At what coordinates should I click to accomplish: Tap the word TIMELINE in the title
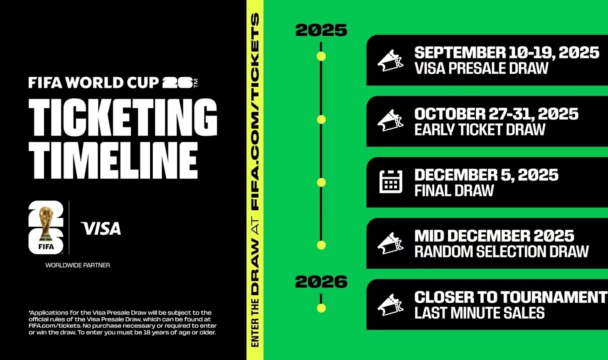[113, 161]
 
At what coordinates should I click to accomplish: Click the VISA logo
[101, 229]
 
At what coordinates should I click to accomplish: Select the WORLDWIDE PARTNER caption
[78, 265]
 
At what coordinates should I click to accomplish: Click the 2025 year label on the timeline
[321, 30]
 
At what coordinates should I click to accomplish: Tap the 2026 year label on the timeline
[321, 282]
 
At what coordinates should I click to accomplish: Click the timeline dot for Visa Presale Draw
[321, 57]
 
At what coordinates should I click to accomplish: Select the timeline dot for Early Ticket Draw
[321, 120]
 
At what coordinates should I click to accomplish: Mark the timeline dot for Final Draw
[321, 183]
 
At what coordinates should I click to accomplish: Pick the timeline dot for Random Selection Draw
[321, 245]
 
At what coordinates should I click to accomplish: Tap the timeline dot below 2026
[321, 308]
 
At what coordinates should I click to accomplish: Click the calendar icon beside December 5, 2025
[391, 182]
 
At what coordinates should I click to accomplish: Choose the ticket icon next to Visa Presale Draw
[390, 61]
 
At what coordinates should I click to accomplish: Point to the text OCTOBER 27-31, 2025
[496, 114]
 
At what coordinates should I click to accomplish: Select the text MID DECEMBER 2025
[494, 236]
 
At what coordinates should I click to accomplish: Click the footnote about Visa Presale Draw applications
[122, 322]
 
